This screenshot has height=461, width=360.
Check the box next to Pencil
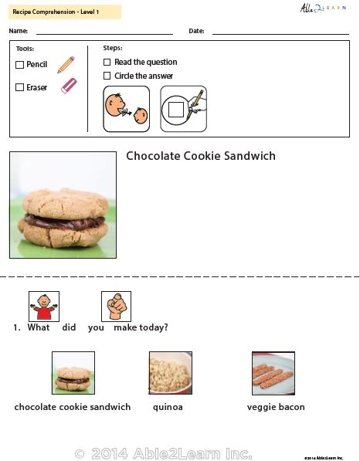20,65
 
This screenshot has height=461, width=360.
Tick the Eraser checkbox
20,87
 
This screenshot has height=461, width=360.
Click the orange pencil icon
66,64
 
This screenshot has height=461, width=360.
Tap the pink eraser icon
69,86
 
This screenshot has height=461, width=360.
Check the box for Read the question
107,62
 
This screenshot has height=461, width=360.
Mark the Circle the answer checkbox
107,76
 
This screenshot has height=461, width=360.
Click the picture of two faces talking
126,109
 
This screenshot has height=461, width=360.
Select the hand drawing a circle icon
183,109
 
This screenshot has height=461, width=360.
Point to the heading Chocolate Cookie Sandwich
200,156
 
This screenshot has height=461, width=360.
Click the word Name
19,32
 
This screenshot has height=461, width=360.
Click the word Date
195,32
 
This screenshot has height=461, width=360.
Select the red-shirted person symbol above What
43,306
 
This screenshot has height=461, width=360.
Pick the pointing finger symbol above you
116,306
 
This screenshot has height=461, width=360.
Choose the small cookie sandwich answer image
73,373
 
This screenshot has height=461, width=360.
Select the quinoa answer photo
170,373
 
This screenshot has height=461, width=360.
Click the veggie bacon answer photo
273,373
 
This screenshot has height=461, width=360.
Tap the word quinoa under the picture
168,407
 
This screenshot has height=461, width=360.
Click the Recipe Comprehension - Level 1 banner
55,12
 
